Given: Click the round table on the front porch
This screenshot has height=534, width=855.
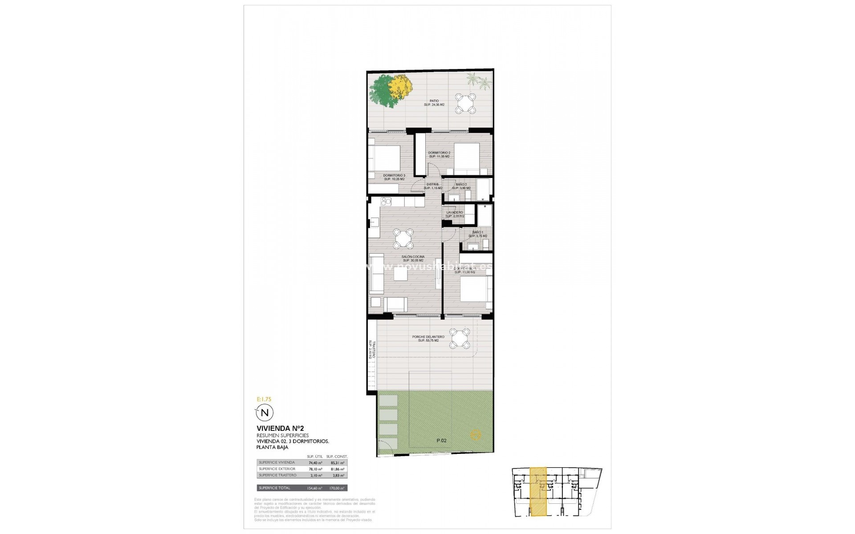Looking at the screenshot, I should (459, 339).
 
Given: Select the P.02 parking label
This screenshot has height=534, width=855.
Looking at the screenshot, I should (441, 441).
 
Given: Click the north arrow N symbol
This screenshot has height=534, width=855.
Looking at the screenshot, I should (265, 412).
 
